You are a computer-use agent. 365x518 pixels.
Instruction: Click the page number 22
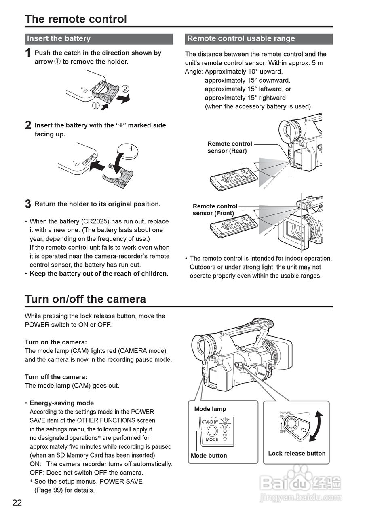(x=17, y=503)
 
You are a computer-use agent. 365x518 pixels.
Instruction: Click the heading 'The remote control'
(x=76, y=19)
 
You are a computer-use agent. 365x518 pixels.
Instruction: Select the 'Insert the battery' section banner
(x=99, y=39)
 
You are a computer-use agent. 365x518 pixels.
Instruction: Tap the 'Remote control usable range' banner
(x=259, y=39)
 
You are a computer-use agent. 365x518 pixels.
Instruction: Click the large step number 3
(x=28, y=204)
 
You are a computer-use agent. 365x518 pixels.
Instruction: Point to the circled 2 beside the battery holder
(x=125, y=89)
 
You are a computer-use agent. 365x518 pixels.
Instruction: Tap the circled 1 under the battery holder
(x=96, y=106)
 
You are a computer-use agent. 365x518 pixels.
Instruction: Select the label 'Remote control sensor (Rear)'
(x=230, y=147)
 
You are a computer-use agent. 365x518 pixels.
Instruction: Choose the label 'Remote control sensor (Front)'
(x=215, y=210)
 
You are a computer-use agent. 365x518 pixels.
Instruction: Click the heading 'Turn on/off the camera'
(x=85, y=299)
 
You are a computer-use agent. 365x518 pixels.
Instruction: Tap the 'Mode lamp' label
(x=210, y=409)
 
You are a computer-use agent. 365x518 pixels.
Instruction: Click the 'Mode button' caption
(x=209, y=456)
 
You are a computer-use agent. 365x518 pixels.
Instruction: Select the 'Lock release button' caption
(x=297, y=454)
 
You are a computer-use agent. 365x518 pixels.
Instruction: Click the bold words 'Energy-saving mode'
(x=61, y=403)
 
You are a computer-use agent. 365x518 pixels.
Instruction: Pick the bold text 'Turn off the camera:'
(x=56, y=377)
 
